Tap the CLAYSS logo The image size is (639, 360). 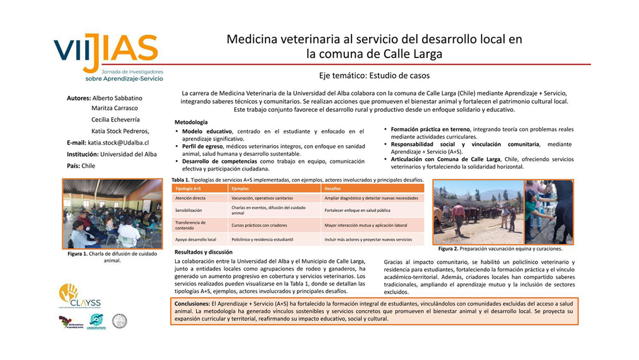point(79,296)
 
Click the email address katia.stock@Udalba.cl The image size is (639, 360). point(118,143)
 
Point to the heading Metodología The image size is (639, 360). point(191,121)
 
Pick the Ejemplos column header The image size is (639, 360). point(239,188)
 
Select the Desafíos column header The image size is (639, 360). point(333,188)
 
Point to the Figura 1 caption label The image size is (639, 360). point(78,254)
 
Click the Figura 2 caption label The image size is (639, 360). point(448,249)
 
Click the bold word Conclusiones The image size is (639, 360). point(189,303)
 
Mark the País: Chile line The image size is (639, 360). point(81,166)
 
